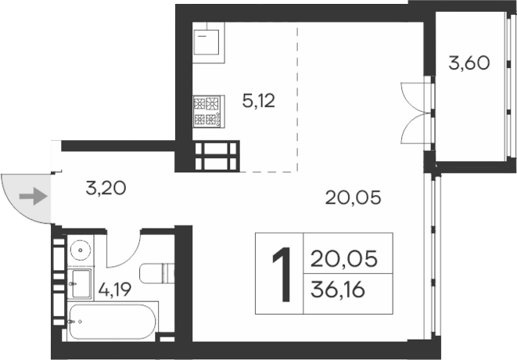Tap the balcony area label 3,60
click(x=469, y=63)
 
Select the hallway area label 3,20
click(x=105, y=188)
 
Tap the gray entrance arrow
click(x=33, y=196)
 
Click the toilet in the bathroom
click(x=156, y=274)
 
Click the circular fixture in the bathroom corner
click(x=80, y=250)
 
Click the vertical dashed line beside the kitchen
click(x=298, y=94)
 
